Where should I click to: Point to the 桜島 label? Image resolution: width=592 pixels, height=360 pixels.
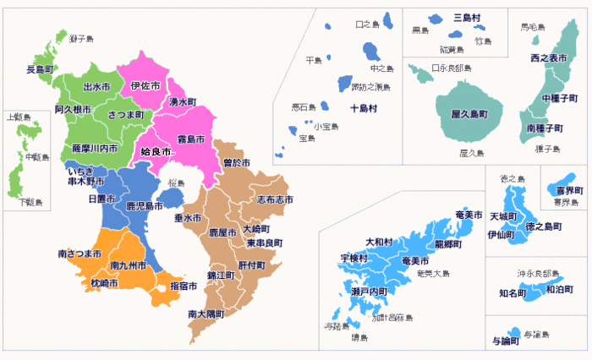tap(176, 183)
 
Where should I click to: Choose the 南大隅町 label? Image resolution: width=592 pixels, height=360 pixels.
tap(206, 314)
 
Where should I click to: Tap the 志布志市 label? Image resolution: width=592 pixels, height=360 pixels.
tap(276, 199)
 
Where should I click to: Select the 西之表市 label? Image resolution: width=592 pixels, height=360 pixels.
tap(548, 57)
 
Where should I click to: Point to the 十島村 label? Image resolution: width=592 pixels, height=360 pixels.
tap(364, 109)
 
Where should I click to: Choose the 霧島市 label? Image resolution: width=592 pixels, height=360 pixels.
tap(189, 139)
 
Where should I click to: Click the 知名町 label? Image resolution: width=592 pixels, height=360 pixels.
tap(513, 292)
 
